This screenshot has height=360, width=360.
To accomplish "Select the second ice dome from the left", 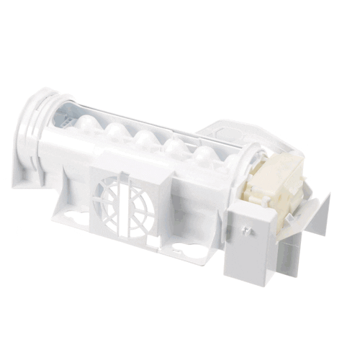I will [x=117, y=132].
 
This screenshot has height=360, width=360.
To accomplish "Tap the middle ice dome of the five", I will [x=146, y=138].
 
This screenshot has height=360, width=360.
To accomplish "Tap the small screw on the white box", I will [x=248, y=231].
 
